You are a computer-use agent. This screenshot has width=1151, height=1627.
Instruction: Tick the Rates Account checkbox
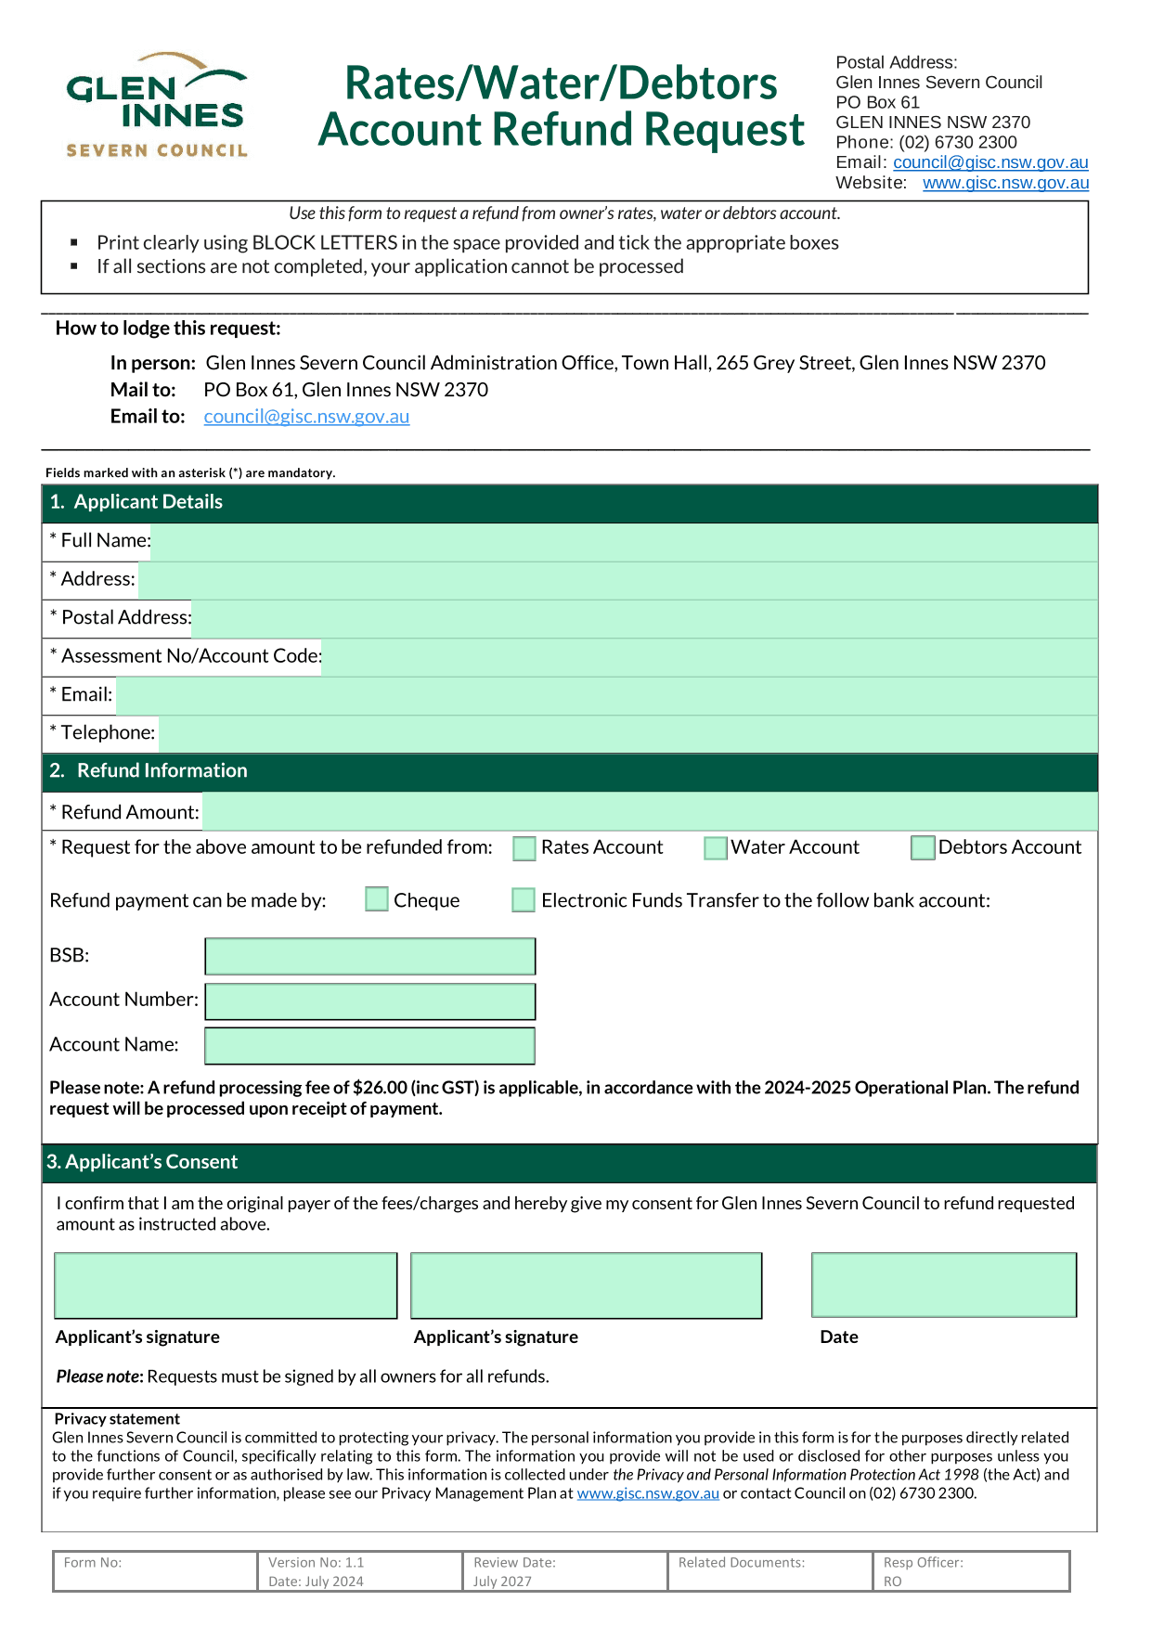pos(524,848)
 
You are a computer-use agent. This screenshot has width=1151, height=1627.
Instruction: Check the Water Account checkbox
pos(715,848)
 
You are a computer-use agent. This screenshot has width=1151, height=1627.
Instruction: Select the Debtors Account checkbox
pos(923,848)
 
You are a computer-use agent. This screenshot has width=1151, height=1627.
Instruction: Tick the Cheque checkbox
pos(377,899)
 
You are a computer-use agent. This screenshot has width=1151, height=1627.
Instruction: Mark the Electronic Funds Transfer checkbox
pos(524,900)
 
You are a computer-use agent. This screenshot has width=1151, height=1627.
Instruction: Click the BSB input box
pos(369,956)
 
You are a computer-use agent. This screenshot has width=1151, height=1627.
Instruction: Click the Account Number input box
pos(369,1001)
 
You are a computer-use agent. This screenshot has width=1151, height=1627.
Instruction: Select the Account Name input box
pos(369,1046)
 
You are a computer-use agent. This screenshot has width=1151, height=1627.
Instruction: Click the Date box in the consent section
pos(944,1285)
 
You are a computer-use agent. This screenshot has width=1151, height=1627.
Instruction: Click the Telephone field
pos(627,734)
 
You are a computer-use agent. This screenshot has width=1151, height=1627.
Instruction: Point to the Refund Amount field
pos(650,812)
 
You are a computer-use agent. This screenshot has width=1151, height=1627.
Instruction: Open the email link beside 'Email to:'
pos(306,417)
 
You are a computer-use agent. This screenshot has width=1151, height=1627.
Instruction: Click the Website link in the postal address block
pos(1005,183)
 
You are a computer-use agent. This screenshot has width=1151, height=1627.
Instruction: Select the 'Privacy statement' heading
pos(117,1419)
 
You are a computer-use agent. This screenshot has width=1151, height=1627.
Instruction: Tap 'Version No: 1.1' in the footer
pos(317,1563)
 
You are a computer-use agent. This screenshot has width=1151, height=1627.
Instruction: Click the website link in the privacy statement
pos(648,1493)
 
